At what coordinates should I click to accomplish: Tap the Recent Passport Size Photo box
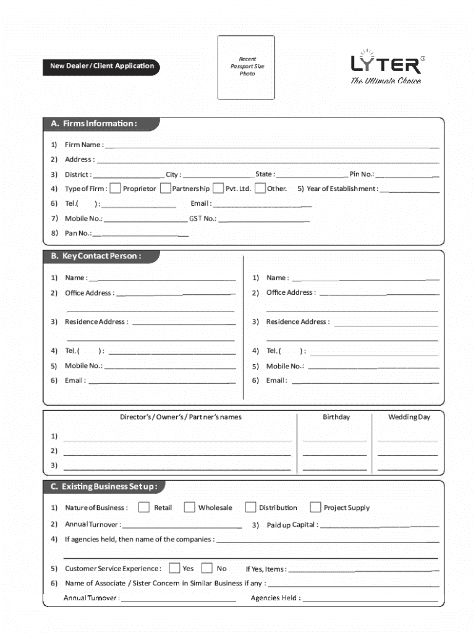(x=246, y=67)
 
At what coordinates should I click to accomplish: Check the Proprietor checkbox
(x=115, y=189)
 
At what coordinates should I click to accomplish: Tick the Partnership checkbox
(x=165, y=189)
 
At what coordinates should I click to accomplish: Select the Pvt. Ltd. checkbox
(x=218, y=189)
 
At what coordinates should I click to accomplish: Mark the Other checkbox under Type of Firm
(x=260, y=189)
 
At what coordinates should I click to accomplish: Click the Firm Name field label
(x=83, y=145)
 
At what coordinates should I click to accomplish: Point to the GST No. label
(x=203, y=218)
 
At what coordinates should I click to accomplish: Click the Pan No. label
(x=78, y=233)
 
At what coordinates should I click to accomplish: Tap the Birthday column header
(x=336, y=417)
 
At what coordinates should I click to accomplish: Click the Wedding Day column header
(x=409, y=417)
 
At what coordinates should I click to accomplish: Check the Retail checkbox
(x=144, y=508)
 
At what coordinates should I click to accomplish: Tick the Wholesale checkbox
(x=189, y=508)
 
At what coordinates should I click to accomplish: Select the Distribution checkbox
(x=250, y=508)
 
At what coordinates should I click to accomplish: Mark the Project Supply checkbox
(x=315, y=508)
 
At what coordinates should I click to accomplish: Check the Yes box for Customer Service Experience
(x=174, y=568)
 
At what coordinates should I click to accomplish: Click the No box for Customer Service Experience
(x=207, y=568)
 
